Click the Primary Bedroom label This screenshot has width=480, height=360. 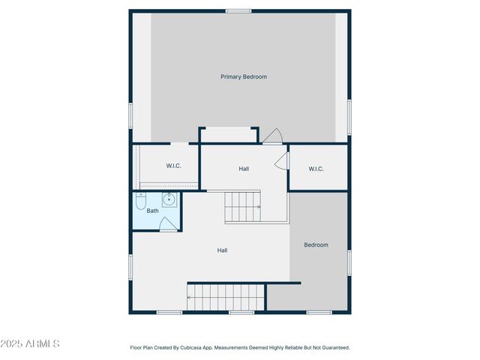244,76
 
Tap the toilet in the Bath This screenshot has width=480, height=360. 140,202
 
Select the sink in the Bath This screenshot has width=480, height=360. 169,199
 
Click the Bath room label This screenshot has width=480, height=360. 152,211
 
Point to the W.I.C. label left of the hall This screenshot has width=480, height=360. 173,166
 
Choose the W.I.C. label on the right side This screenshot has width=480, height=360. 316,169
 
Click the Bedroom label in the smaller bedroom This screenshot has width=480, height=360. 316,244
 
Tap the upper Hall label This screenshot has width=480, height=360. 244,169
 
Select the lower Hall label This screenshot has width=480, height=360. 223,250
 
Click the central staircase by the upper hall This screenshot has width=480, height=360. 243,206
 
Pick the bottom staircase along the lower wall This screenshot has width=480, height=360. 226,297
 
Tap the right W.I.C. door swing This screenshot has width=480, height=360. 282,160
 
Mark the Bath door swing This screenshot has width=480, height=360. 169,225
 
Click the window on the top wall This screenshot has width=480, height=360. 238,10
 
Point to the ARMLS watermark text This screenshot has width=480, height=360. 42,343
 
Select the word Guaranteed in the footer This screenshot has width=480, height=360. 334,348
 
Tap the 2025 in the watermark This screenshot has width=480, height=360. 11,343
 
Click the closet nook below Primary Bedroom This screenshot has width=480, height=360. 229,135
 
